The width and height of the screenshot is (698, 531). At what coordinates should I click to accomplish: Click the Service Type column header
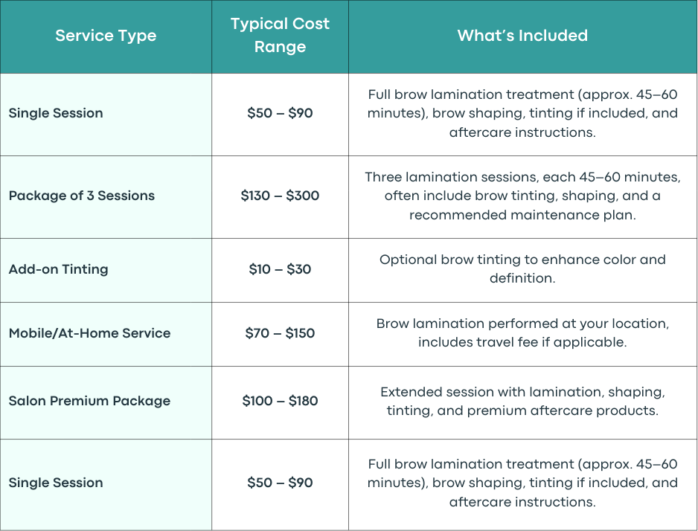point(106,36)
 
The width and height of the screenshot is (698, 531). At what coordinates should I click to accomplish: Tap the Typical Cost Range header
point(280,35)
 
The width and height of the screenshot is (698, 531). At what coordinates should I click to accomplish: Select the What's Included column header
point(522,36)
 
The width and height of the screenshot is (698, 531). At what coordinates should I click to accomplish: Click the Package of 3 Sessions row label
point(82,196)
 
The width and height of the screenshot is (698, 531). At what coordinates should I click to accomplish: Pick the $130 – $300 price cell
point(280,196)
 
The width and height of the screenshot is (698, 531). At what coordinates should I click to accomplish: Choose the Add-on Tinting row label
point(58,269)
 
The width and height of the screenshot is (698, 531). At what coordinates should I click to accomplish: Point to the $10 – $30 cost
point(280,269)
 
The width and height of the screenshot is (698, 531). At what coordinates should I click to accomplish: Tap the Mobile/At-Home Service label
point(89,333)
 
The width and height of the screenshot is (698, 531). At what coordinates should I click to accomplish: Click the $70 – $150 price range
point(280,333)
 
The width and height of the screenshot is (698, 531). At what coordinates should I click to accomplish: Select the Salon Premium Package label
point(89,401)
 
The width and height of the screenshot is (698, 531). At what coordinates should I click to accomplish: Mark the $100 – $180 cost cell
point(280,401)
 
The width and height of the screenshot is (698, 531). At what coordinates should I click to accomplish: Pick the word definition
point(522,278)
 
